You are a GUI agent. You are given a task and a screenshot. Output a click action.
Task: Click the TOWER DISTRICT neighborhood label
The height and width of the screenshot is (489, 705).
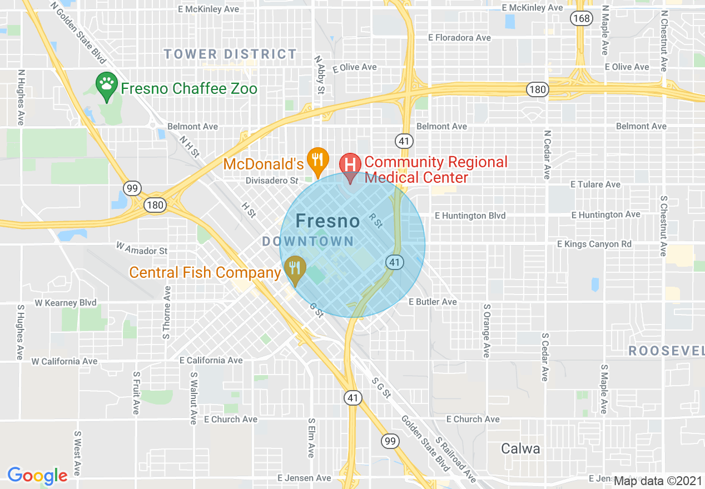pyautogui.click(x=230, y=54)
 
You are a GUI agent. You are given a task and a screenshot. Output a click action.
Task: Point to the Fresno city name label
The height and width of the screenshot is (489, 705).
pyautogui.click(x=327, y=221)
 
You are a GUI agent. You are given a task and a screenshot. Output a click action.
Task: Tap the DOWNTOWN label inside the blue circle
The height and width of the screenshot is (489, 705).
pyautogui.click(x=308, y=241)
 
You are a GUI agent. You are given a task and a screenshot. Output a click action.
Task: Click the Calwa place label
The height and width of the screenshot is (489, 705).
pyautogui.click(x=520, y=448)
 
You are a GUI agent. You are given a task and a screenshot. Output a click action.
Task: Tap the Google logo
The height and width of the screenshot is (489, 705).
pyautogui.click(x=37, y=476)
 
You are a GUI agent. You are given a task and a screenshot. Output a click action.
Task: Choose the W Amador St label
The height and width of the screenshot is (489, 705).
pyautogui.click(x=141, y=251)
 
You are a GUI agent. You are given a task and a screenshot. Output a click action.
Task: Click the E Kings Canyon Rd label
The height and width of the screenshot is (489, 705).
pyautogui.click(x=594, y=244)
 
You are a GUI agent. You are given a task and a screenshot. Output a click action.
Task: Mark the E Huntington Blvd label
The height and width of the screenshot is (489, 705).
pyautogui.click(x=470, y=215)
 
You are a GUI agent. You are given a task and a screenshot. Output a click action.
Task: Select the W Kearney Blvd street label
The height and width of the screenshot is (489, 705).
pyautogui.click(x=65, y=303)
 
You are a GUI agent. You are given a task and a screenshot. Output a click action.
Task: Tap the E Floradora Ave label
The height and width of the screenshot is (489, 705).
pyautogui.click(x=459, y=38)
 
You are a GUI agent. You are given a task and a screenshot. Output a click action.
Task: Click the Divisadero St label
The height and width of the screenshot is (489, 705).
pyautogui.click(x=272, y=181)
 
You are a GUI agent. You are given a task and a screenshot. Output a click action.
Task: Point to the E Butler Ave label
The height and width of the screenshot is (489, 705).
pyautogui.click(x=433, y=302)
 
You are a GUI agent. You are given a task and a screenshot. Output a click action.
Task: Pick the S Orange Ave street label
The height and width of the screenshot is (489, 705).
pyautogui.click(x=486, y=331)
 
